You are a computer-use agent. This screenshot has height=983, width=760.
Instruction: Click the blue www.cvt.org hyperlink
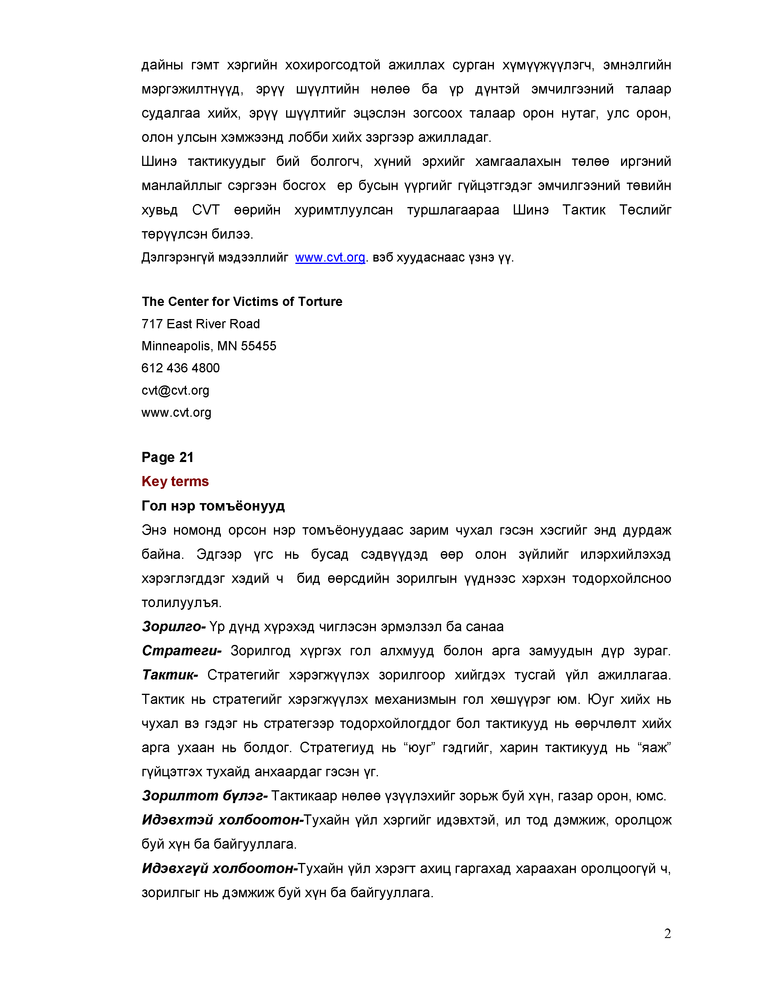pos(330,257)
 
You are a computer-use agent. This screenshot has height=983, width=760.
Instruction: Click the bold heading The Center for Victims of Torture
pos(242,301)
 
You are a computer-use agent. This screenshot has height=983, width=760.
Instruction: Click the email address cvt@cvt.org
pos(175,390)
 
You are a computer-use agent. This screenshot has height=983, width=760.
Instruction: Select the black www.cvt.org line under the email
pos(176,412)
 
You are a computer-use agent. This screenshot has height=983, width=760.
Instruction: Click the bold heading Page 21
pos(167,457)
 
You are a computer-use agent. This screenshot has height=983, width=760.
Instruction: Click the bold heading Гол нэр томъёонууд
pos(213,506)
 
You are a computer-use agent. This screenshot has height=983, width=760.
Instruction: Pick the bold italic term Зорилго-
pos(174,626)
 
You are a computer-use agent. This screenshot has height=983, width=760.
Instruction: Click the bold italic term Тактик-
pos(170,675)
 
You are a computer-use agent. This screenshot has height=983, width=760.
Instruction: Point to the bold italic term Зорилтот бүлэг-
pos(205,796)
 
